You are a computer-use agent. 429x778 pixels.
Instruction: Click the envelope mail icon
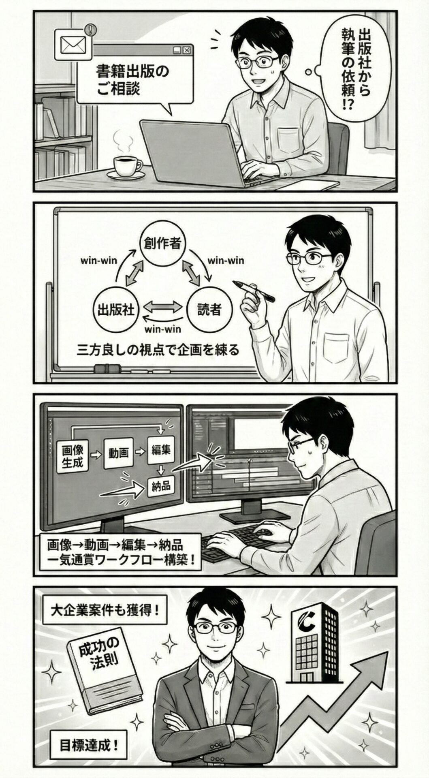coord(73,44)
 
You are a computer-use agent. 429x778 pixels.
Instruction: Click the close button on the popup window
coord(186,50)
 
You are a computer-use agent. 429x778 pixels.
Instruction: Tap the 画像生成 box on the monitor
coord(73,457)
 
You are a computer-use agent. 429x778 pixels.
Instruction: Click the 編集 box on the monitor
coord(161,450)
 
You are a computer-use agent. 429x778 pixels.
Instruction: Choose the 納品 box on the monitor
coord(161,485)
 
